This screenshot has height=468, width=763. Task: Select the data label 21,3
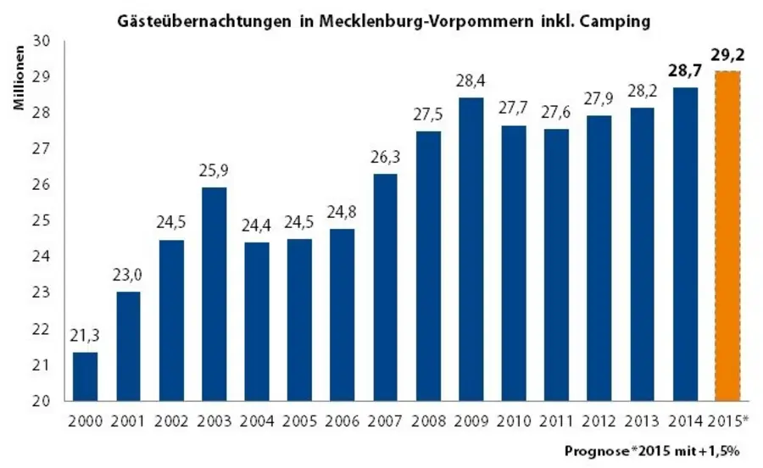(85, 337)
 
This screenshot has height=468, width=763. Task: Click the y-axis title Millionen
(19, 84)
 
